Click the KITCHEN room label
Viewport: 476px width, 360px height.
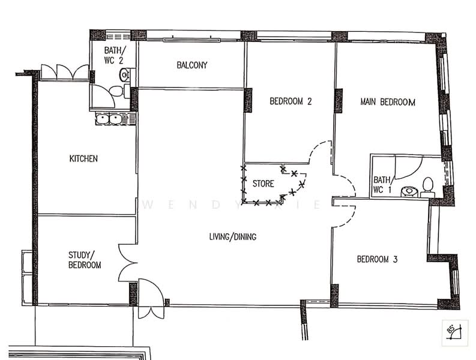coord(83,159)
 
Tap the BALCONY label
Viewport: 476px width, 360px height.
coord(192,65)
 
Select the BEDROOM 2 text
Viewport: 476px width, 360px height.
coord(291,101)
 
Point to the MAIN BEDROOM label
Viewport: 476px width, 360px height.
coord(388,102)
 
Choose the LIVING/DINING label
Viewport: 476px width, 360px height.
coord(233,237)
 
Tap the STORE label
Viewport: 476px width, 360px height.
coord(263,183)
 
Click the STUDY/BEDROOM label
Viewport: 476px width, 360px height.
coord(84,259)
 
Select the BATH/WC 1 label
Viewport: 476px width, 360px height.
coord(382,185)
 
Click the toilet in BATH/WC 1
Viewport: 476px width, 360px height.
coord(427,186)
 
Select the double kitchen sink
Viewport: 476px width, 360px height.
coord(109,119)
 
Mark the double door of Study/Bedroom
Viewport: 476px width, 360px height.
coord(128,263)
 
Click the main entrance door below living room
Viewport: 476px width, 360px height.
coord(150,299)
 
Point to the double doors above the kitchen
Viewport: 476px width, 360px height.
coord(65,72)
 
